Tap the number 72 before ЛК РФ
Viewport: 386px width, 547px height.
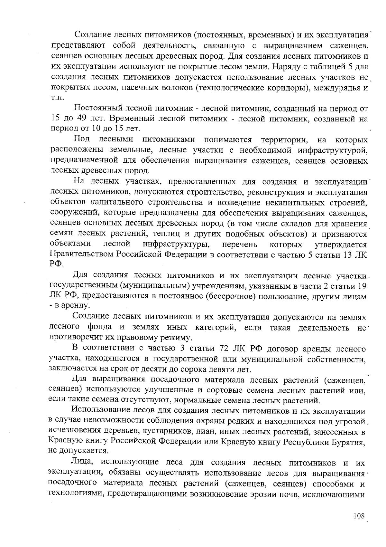tap(224, 349)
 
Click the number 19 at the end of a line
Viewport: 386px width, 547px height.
tap(362, 286)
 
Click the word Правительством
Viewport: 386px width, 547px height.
tap(82, 254)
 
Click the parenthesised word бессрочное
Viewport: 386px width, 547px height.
tap(230, 297)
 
